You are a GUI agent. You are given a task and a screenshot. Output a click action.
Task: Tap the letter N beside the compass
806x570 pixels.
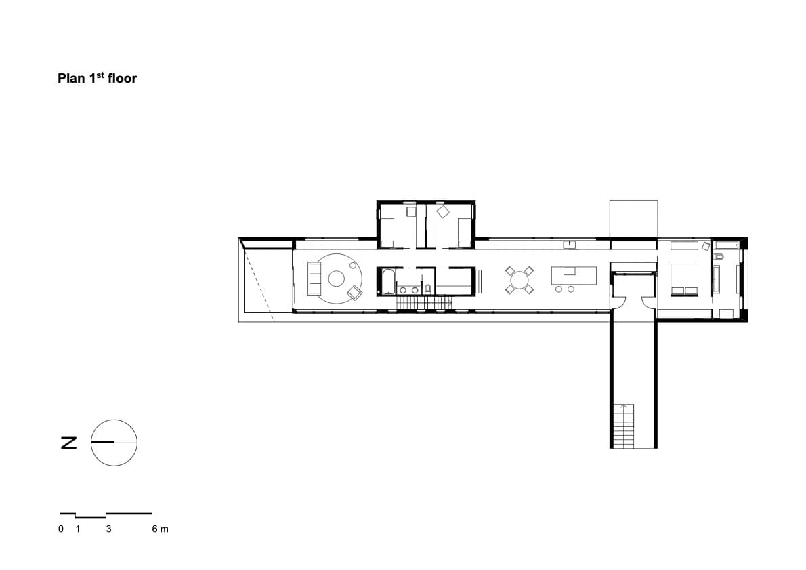click(69, 443)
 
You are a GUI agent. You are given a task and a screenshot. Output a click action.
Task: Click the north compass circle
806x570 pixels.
click(114, 443)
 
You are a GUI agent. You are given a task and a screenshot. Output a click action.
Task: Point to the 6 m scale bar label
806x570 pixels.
click(160, 529)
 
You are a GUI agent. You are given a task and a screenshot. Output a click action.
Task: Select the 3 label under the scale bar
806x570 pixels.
click(108, 529)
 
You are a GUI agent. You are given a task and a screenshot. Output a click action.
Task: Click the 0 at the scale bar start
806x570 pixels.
click(61, 529)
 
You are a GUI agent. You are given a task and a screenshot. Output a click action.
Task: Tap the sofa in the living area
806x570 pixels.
click(314, 279)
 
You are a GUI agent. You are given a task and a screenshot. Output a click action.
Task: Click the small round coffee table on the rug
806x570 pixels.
click(336, 279)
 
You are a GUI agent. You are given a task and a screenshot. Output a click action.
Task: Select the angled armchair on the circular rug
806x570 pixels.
click(355, 293)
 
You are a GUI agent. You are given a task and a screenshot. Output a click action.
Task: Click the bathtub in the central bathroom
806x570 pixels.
click(388, 282)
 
